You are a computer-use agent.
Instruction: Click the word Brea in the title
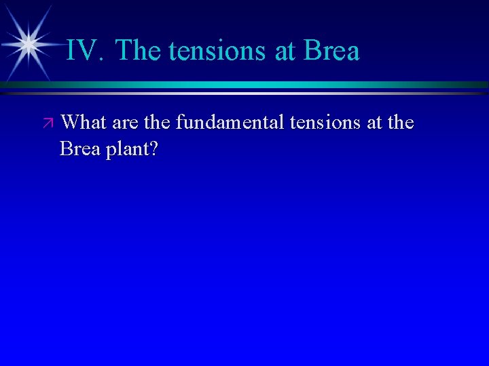coord(332,51)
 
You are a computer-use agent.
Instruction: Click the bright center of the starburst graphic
coord(29,45)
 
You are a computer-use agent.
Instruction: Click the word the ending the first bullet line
coord(399,123)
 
